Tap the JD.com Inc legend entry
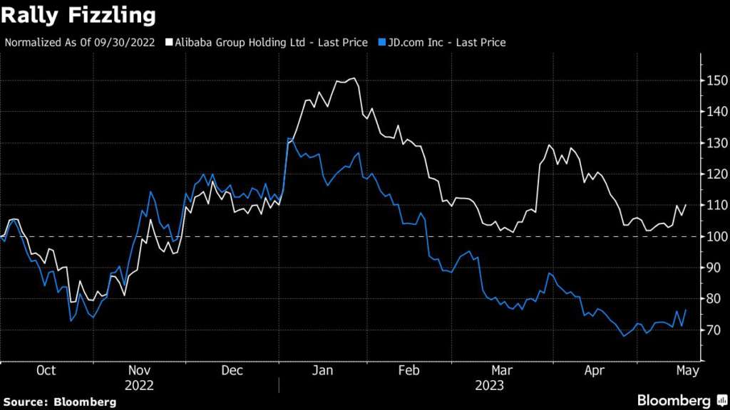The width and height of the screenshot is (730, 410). [442, 43]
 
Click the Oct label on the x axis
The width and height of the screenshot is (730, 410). [46, 370]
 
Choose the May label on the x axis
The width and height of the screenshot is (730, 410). [687, 370]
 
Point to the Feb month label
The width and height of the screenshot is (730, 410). [408, 370]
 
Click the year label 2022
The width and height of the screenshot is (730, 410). [140, 385]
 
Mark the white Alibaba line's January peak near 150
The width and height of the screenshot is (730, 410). [353, 78]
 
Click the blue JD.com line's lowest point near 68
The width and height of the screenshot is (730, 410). [624, 336]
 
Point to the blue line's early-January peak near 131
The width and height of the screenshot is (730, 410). [288, 139]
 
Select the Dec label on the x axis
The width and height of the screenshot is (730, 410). [232, 370]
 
